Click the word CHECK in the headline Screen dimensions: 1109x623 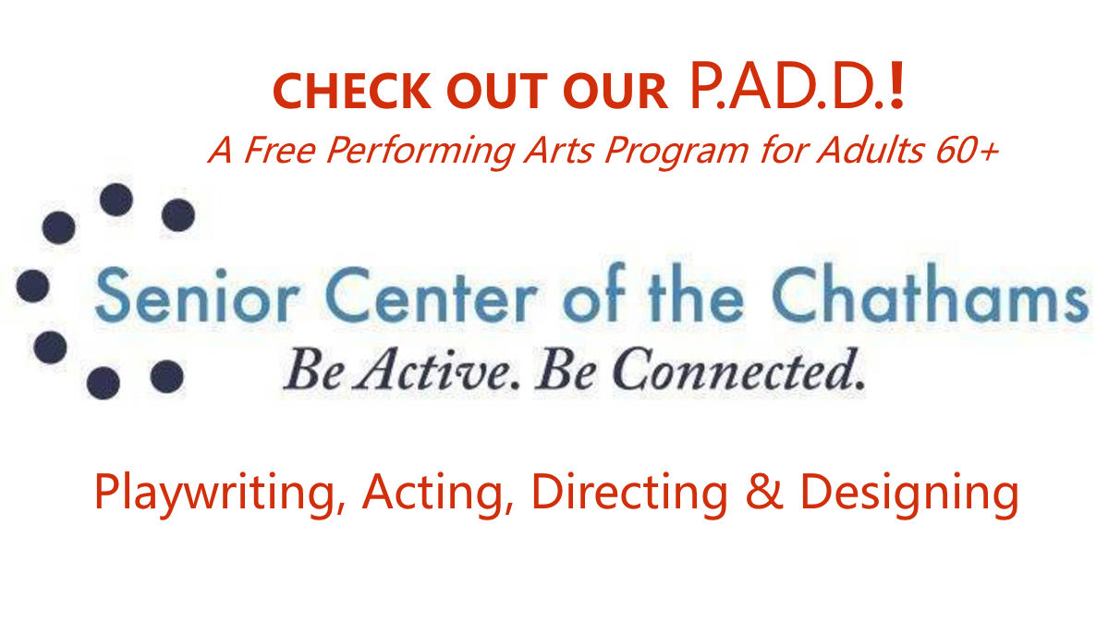coord(352,92)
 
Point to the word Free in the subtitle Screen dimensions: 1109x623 coord(280,150)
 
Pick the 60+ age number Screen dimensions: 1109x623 coord(967,151)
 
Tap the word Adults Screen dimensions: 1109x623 coord(870,150)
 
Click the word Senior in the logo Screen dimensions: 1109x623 coord(198,295)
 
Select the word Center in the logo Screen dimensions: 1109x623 coord(432,295)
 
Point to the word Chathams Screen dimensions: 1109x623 coord(931,293)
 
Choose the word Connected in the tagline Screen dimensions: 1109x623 coord(738,370)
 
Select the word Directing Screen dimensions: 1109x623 coord(629,493)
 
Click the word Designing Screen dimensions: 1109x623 coord(909,493)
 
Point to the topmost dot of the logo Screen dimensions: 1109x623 coord(116,200)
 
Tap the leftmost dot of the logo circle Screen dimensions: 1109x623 coord(32,286)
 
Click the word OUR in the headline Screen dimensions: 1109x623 coord(615,92)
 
